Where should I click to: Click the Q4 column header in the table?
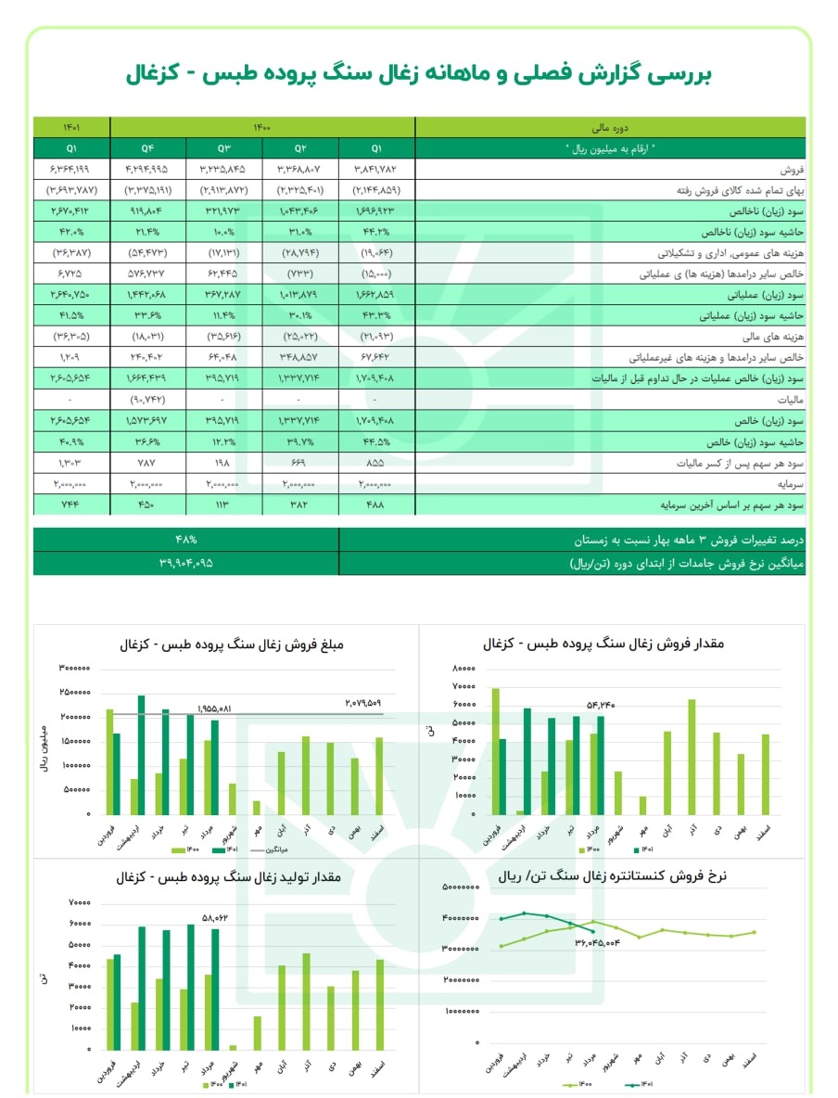147,147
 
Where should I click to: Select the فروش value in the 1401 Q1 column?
71,169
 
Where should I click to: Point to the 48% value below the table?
186,540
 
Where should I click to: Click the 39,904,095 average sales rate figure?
186,563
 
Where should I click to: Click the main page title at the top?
419,75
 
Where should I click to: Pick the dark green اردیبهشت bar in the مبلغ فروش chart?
142,754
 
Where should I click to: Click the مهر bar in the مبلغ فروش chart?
257,807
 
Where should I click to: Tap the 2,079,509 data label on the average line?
363,702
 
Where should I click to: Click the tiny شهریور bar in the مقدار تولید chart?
233,1047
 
